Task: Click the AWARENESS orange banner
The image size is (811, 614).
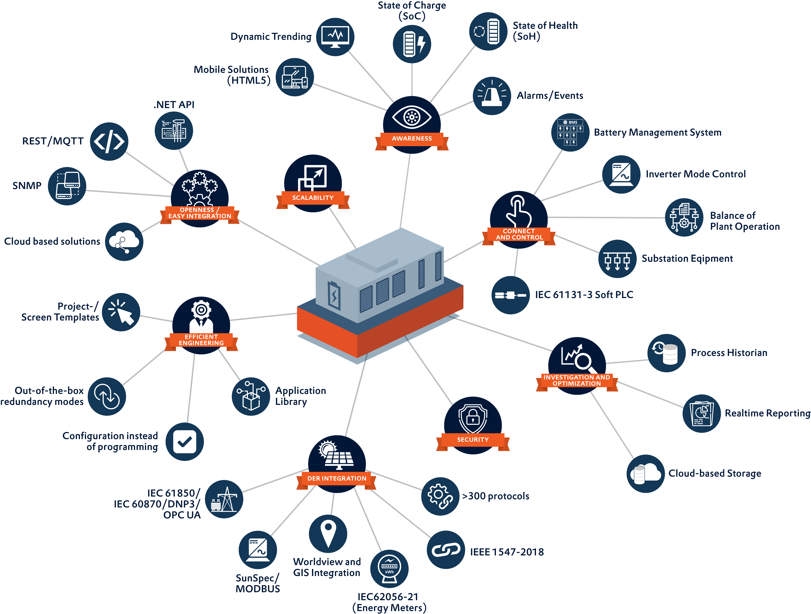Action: tap(412, 139)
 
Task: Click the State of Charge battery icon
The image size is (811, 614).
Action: tap(412, 44)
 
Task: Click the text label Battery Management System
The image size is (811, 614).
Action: tap(657, 132)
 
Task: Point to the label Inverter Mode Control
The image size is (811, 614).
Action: tap(696, 174)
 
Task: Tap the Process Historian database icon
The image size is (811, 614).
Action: tap(666, 353)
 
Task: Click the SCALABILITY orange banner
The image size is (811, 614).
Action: tap(313, 198)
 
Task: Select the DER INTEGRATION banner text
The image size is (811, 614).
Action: tap(337, 479)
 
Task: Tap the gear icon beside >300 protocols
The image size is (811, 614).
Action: tap(440, 496)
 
